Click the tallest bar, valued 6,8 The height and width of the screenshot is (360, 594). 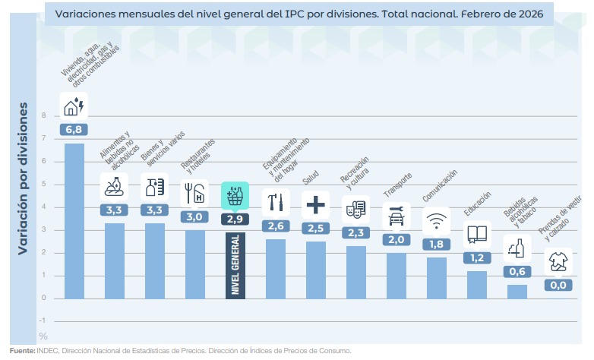coord(74,220)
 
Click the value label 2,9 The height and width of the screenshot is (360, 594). coord(235,219)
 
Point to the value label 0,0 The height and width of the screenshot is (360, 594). coord(558,286)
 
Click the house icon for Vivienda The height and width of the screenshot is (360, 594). coord(74,106)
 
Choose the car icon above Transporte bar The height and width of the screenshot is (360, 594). coord(397,216)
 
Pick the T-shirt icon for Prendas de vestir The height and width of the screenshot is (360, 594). coord(558,261)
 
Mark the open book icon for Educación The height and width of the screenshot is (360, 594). coord(477,234)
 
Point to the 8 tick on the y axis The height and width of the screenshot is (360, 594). coord(43,115)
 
